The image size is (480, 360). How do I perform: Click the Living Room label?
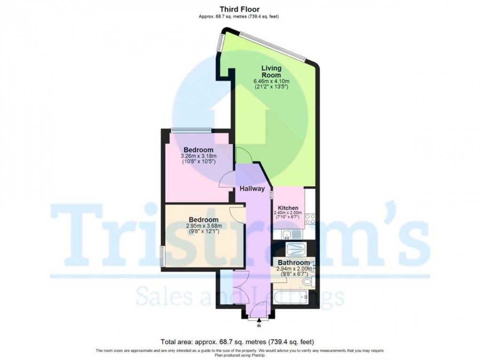click(x=271, y=72)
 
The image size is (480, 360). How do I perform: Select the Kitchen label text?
click(x=288, y=208)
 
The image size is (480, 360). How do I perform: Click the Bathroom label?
click(x=294, y=262)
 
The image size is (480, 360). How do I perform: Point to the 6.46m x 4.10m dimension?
click(x=271, y=81)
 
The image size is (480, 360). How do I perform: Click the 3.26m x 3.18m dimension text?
click(x=199, y=156)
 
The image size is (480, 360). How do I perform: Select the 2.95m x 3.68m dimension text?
click(x=203, y=226)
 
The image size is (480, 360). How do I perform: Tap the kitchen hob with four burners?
click(x=310, y=219)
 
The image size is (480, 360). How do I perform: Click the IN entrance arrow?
click(x=259, y=321)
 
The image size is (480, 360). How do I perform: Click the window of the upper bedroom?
click(x=190, y=130)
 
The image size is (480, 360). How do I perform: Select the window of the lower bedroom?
click(x=162, y=257)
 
